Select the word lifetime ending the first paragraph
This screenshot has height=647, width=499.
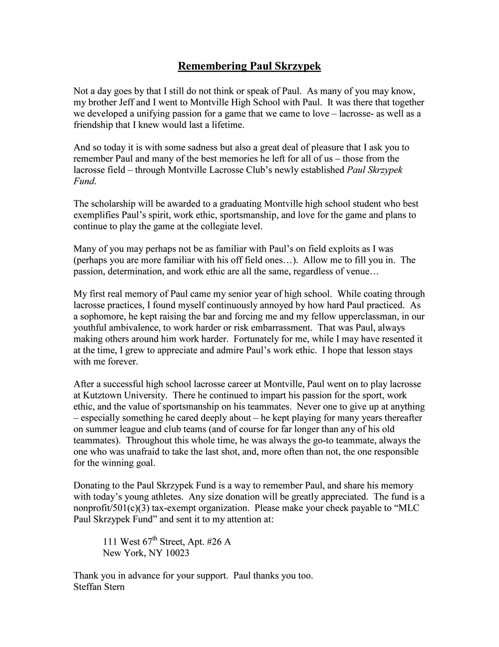[227, 125]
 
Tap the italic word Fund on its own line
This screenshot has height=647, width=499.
[83, 181]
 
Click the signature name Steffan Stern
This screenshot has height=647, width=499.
[99, 587]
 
